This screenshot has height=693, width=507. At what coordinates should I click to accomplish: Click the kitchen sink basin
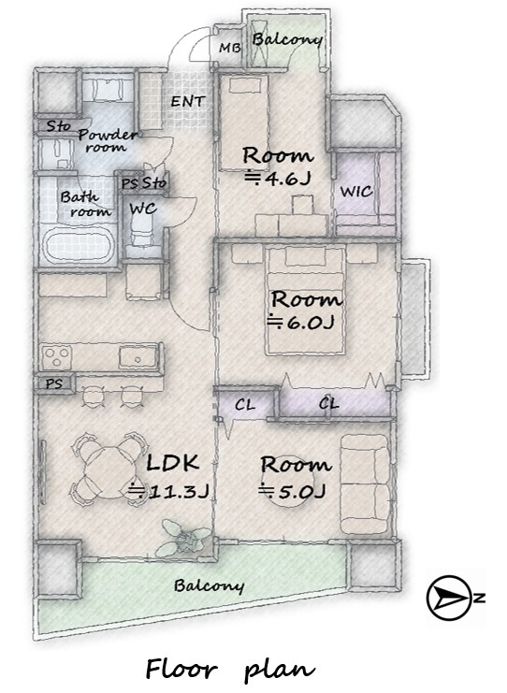pos(138,356)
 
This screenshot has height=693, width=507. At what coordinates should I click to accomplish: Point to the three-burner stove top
pos(56,356)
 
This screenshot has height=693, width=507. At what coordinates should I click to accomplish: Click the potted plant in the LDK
pos(182,539)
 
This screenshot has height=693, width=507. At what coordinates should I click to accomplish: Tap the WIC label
pos(356,192)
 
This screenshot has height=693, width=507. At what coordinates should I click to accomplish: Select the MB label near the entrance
pos(230,48)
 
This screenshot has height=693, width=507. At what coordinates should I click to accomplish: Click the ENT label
pos(188,101)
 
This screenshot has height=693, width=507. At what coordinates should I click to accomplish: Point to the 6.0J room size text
pos(300,323)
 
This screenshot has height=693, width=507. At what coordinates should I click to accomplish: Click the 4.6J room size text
pos(279,178)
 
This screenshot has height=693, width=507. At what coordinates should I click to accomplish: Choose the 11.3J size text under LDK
pos(168,491)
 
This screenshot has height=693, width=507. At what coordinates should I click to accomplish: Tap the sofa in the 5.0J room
pos(366,484)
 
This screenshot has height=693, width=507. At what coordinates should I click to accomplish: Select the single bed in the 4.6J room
pos(244,123)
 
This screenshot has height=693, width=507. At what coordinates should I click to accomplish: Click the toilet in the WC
pos(141,229)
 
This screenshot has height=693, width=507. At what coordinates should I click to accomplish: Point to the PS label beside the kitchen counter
pos(54,383)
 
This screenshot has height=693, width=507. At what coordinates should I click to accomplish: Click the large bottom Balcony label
pos(209,585)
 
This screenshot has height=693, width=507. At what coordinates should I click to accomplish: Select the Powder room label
pos(107,141)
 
